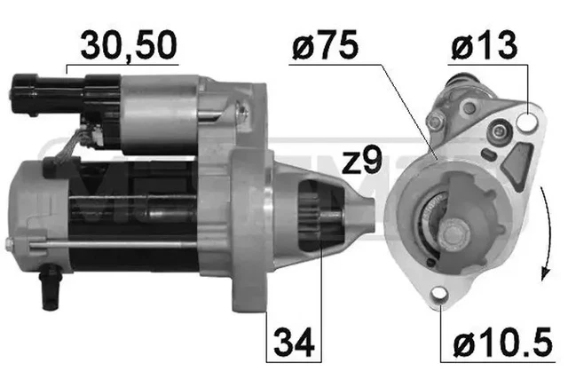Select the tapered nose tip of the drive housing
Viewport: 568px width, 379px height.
[370, 217]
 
